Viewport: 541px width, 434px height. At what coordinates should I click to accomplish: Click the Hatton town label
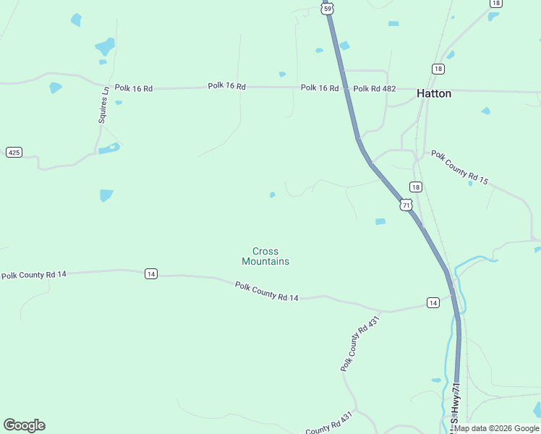(x=434, y=93)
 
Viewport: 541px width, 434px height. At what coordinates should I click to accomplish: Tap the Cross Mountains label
(x=265, y=257)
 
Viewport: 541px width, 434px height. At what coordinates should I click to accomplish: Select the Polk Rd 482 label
(x=374, y=88)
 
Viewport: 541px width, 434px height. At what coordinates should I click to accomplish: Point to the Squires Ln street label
(x=103, y=105)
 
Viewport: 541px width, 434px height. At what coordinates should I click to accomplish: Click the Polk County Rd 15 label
(x=460, y=166)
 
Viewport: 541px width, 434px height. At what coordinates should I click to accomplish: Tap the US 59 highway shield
(x=328, y=8)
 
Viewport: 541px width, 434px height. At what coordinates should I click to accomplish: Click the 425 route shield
(x=14, y=152)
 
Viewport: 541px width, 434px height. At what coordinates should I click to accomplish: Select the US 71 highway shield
(x=406, y=205)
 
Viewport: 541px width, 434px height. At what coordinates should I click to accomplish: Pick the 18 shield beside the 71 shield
(x=415, y=187)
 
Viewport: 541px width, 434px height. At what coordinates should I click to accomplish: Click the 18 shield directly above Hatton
(x=438, y=68)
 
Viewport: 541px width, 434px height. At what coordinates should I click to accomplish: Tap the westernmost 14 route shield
(x=150, y=273)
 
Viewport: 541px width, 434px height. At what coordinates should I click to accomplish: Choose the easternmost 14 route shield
(x=432, y=302)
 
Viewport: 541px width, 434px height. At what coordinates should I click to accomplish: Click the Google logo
(x=24, y=425)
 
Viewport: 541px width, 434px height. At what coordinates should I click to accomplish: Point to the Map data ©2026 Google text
(x=497, y=428)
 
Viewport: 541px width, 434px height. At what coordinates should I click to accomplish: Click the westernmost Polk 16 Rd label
(x=133, y=88)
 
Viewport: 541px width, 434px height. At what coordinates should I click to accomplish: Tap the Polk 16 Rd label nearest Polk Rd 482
(x=320, y=88)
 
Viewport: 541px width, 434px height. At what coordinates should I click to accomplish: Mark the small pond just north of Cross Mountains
(x=272, y=195)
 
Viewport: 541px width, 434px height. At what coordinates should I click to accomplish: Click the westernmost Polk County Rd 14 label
(x=33, y=275)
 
